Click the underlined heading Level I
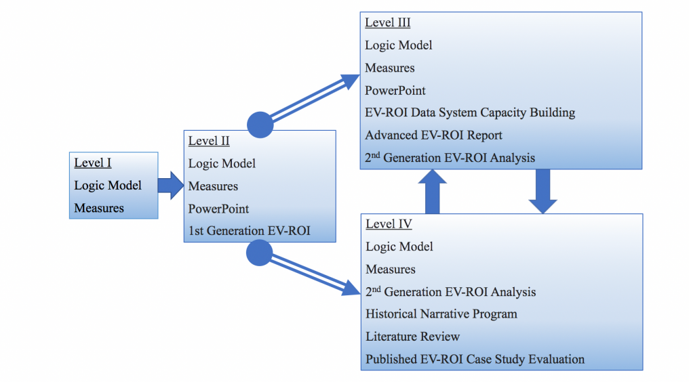[93, 163]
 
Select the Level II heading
[209, 140]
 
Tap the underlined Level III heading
[388, 22]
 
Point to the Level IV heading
[389, 224]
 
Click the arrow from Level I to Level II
[171, 186]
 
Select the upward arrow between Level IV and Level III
[433, 192]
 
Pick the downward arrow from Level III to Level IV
[543, 192]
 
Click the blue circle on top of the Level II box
[260, 125]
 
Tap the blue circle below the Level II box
[259, 253]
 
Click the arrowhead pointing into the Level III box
[351, 81]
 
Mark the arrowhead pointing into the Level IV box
[351, 289]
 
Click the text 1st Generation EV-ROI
[249, 230]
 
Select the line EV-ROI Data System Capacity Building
[470, 112]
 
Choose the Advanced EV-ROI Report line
[433, 135]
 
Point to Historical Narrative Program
[441, 314]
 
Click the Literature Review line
[412, 337]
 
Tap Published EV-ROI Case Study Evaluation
[475, 359]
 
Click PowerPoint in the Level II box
[218, 209]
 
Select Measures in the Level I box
[99, 208]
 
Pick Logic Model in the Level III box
[399, 45]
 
